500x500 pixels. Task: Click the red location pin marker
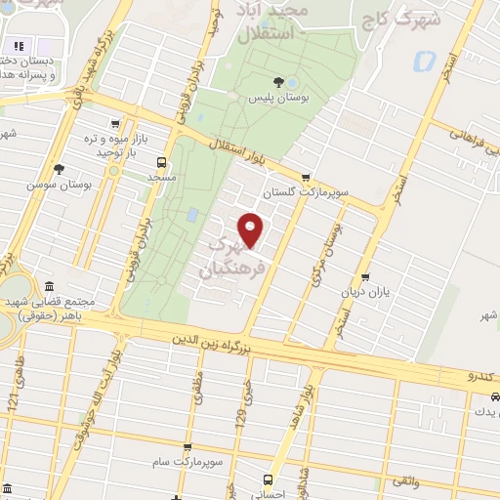pyautogui.click(x=251, y=229)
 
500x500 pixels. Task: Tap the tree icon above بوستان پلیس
pyautogui.click(x=279, y=81)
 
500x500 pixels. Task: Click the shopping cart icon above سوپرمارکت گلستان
pyautogui.click(x=306, y=178)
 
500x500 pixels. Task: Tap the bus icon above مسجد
pyautogui.click(x=161, y=163)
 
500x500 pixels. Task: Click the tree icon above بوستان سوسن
pyautogui.click(x=60, y=169)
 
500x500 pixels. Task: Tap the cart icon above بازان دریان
pyautogui.click(x=365, y=277)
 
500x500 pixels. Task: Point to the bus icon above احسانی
pyautogui.click(x=268, y=479)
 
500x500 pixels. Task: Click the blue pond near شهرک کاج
pyautogui.click(x=424, y=62)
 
